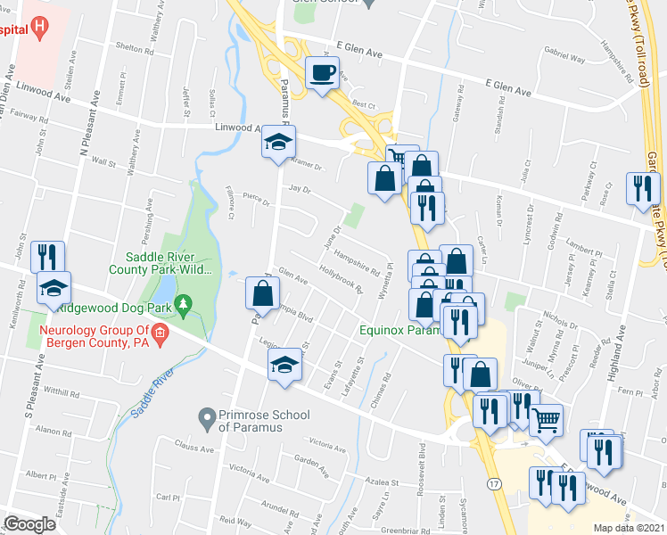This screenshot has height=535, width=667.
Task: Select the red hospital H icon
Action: (39, 29)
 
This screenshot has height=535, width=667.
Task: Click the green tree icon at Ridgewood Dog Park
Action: (185, 306)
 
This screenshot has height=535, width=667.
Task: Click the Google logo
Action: (29, 524)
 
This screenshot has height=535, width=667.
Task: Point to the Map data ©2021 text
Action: (630, 528)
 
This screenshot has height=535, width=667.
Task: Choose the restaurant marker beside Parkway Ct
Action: (642, 188)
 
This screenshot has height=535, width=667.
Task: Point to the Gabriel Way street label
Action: (564, 60)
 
